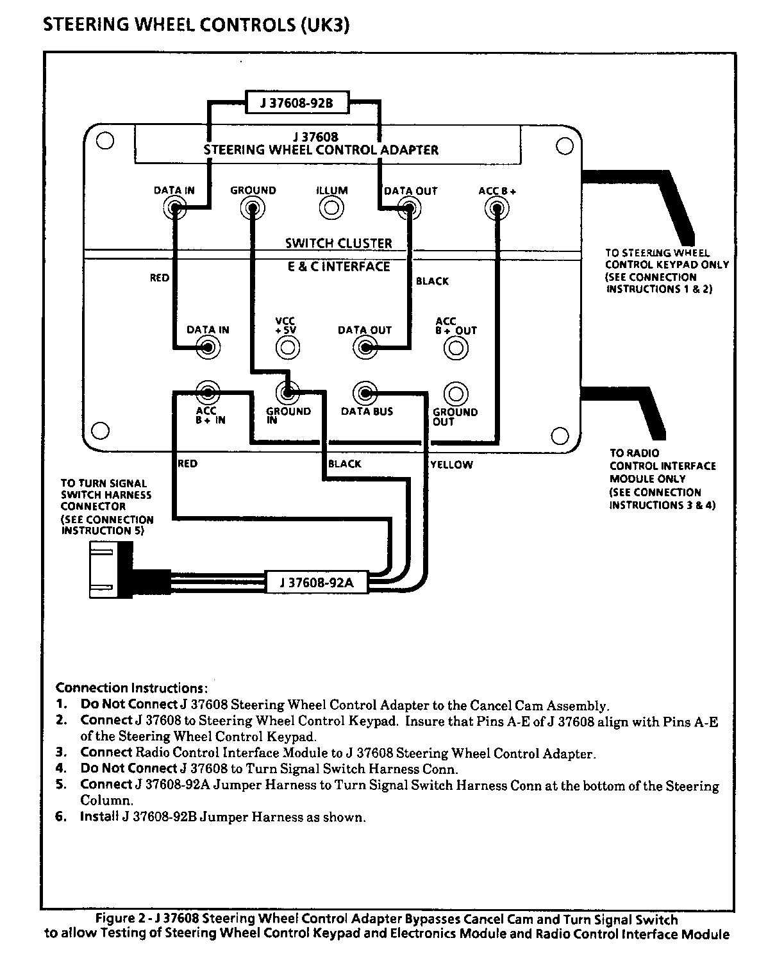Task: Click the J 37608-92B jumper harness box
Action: pyautogui.click(x=297, y=103)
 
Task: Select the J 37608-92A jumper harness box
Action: pyautogui.click(x=316, y=583)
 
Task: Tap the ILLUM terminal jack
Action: pyautogui.click(x=331, y=208)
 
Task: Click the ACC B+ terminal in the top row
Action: pyautogui.click(x=496, y=208)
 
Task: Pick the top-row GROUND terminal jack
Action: pyautogui.click(x=253, y=208)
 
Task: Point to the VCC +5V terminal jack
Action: pyautogui.click(x=287, y=347)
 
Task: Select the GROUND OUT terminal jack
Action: pyautogui.click(x=456, y=392)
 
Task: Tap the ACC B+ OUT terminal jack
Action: pyautogui.click(x=456, y=348)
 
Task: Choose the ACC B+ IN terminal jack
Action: pyautogui.click(x=208, y=392)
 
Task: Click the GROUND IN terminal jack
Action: pyautogui.click(x=287, y=392)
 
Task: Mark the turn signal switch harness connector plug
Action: pyautogui.click(x=110, y=569)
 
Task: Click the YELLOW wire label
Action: pyautogui.click(x=451, y=465)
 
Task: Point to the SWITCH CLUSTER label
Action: pyautogui.click(x=338, y=244)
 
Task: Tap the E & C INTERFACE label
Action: pyautogui.click(x=338, y=266)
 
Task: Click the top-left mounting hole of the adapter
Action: pyautogui.click(x=106, y=141)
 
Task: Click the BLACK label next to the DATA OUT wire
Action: pyautogui.click(x=432, y=281)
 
